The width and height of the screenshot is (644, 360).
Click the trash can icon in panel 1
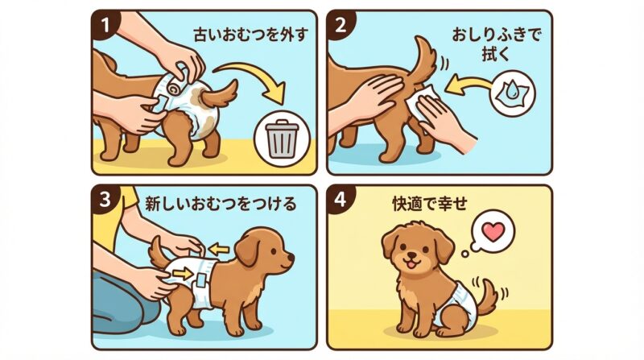(281, 140)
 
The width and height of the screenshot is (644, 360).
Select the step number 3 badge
(102, 199)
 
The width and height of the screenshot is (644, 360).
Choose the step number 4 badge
(340, 199)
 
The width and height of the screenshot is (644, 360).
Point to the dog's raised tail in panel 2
(423, 52)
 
